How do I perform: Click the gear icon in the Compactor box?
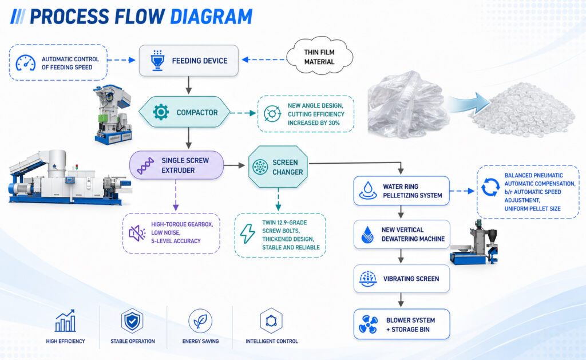coord(161,112)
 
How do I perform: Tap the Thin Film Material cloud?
coord(319,57)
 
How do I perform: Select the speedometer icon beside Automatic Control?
coord(25,63)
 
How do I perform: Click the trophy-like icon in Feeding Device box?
coord(157,61)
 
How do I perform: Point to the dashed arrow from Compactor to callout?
coord(243,113)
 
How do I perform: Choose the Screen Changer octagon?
coord(278,167)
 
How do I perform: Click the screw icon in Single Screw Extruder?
coord(145,165)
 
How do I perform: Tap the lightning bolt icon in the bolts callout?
coord(247,234)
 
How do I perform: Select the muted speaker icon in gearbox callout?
coord(137,233)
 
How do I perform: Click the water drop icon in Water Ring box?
coord(368,190)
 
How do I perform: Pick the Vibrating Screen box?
coord(401,279)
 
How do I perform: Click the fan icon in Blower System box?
coord(368,324)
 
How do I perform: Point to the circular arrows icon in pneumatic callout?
coord(490,187)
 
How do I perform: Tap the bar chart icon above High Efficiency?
coord(65,321)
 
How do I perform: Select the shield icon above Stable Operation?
coord(132,321)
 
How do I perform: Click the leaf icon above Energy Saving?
coord(200,321)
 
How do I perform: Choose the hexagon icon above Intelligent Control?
coord(271,321)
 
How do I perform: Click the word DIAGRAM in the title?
coord(211,17)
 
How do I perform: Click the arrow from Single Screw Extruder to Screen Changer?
coord(234,165)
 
